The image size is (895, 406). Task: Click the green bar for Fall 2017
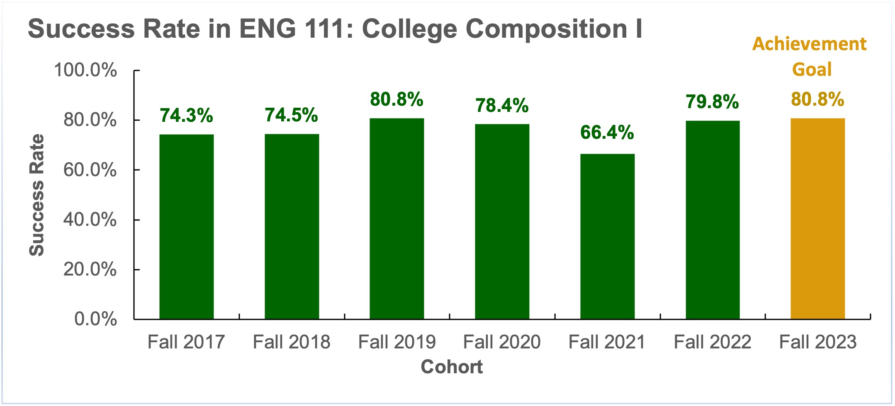(187, 227)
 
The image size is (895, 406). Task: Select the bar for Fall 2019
(397, 218)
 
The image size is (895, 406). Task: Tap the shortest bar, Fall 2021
(607, 236)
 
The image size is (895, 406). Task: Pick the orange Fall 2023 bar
(817, 218)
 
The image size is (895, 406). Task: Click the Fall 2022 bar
(713, 220)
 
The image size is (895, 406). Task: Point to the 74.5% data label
(292, 115)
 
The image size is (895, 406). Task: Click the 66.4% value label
(607, 133)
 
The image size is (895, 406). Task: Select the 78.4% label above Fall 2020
(502, 106)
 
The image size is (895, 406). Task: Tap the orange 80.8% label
(817, 99)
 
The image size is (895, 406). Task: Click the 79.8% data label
(712, 102)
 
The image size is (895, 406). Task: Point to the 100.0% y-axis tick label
(85, 70)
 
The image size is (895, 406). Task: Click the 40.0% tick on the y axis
(90, 220)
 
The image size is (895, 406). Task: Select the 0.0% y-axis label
(95, 319)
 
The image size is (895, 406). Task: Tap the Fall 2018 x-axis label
(292, 342)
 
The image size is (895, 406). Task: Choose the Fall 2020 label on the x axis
(502, 342)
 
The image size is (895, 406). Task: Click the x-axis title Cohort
(452, 367)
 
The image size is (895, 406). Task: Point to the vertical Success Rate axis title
(36, 195)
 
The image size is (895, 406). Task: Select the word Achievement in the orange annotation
(809, 44)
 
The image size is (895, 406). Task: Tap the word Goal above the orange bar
(812, 69)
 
